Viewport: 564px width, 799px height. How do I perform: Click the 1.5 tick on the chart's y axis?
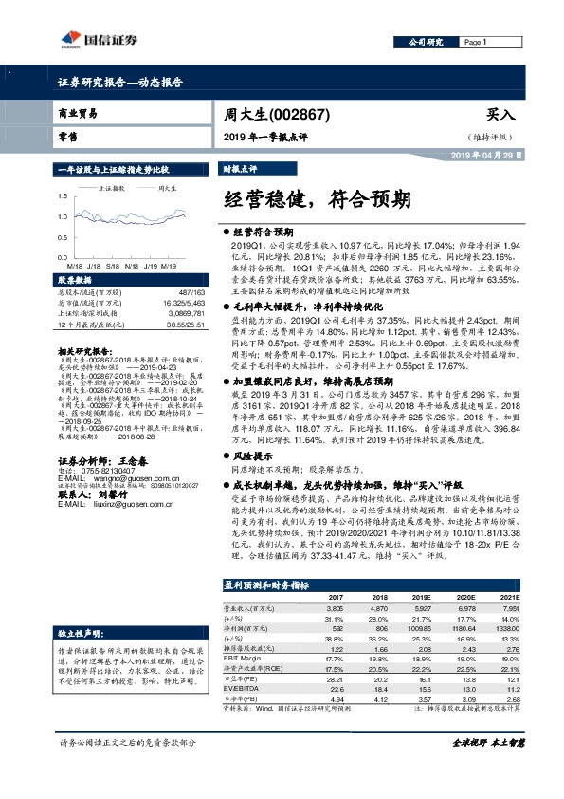pyautogui.click(x=63, y=195)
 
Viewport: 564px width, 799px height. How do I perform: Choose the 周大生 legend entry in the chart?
pyautogui.click(x=170, y=188)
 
